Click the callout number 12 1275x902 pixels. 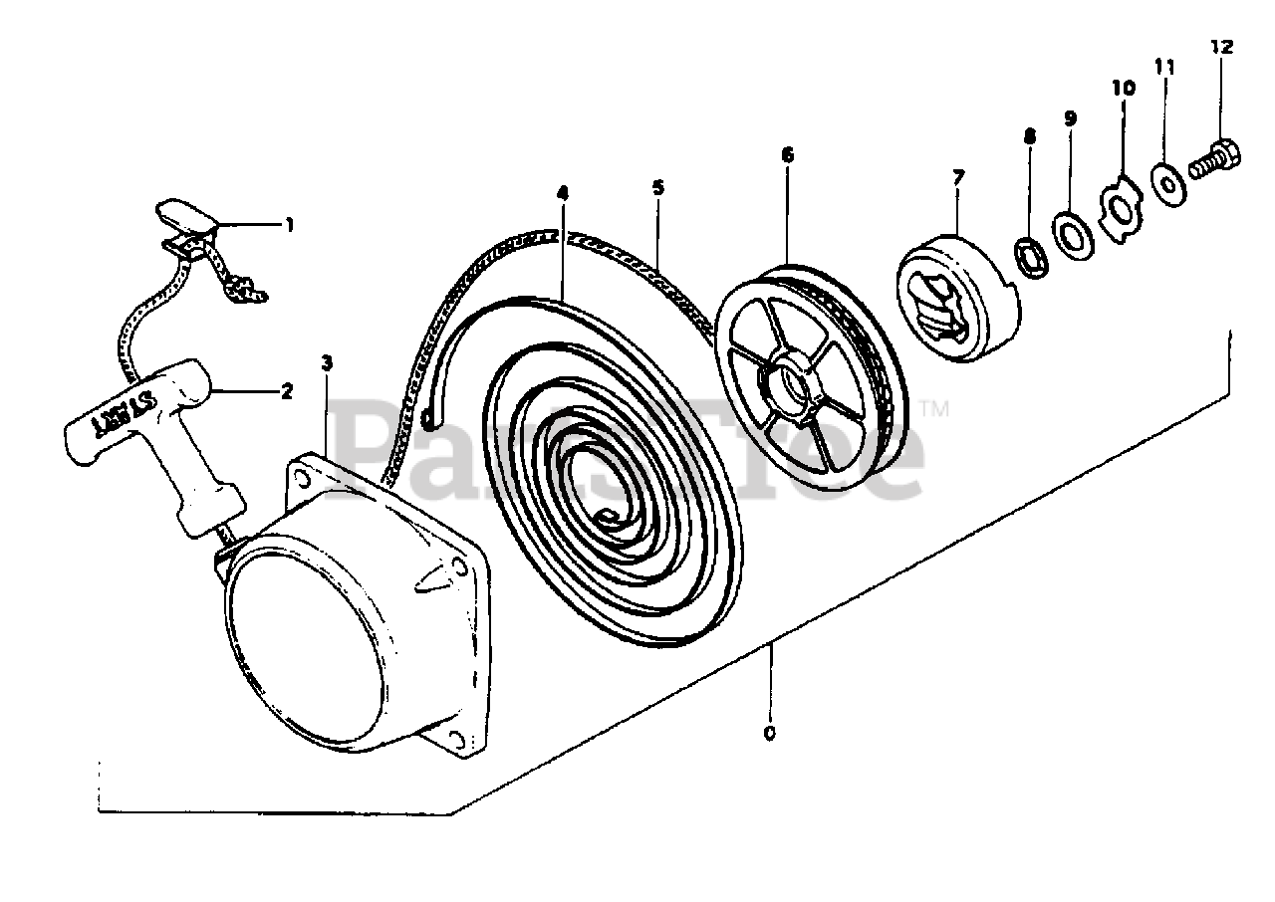click(x=1222, y=47)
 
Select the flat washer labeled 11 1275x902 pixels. click(x=1169, y=184)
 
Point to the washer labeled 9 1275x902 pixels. click(x=1073, y=234)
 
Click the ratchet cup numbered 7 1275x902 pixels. click(x=958, y=299)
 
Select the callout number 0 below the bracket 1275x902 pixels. click(x=769, y=734)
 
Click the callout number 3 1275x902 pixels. click(x=327, y=362)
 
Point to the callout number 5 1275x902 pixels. click(x=658, y=187)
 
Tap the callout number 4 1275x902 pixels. click(x=563, y=193)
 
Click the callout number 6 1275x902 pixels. click(x=788, y=154)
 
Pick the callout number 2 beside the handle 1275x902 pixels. click(x=287, y=390)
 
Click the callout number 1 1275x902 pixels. click(x=289, y=225)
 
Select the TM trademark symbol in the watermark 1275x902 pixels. click(x=935, y=409)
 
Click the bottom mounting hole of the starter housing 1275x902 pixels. click(x=456, y=740)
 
